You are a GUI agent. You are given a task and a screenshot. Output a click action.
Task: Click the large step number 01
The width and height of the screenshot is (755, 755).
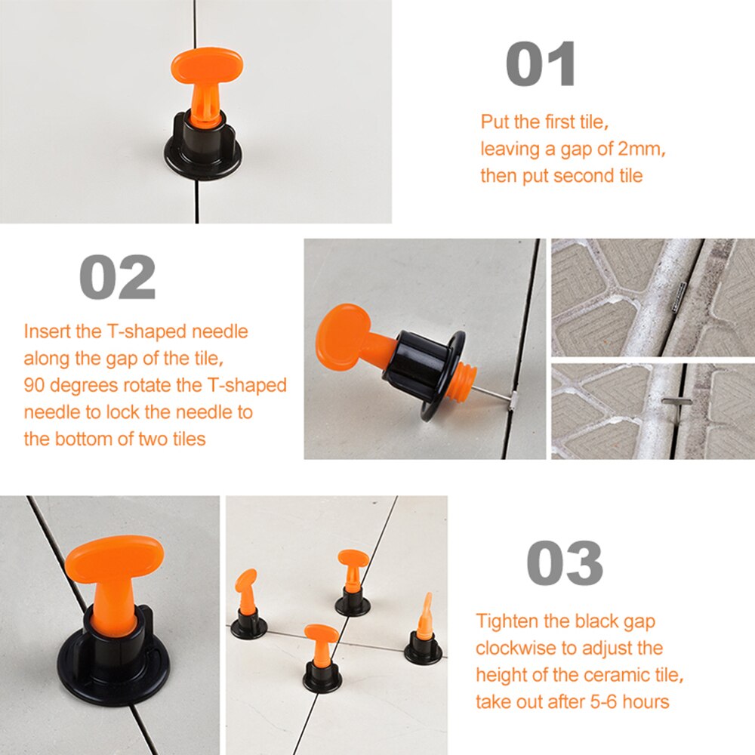click(541, 64)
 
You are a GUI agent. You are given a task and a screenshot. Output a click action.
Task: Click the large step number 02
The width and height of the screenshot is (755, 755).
click(117, 279)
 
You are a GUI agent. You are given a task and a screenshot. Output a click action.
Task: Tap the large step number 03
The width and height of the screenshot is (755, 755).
click(564, 563)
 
